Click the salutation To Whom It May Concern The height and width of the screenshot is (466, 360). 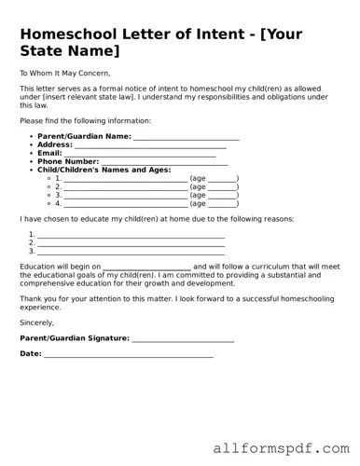pos(64,73)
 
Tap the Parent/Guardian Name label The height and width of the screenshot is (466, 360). pos(84,136)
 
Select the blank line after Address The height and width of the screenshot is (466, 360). pos(150,145)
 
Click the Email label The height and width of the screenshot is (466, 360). pos(49,153)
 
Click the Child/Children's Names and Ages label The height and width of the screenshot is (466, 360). pos(104,170)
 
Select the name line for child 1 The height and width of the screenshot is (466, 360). pos(125,178)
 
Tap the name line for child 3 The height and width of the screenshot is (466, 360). pos(125,195)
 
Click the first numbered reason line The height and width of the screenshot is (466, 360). pos(131,235)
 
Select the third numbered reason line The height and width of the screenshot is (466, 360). pos(131,252)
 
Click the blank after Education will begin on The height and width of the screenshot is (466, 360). pos(147,267)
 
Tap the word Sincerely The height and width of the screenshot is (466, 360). pos(37,322)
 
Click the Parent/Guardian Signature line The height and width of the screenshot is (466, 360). pos(183,338)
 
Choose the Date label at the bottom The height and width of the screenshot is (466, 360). pos(30,354)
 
